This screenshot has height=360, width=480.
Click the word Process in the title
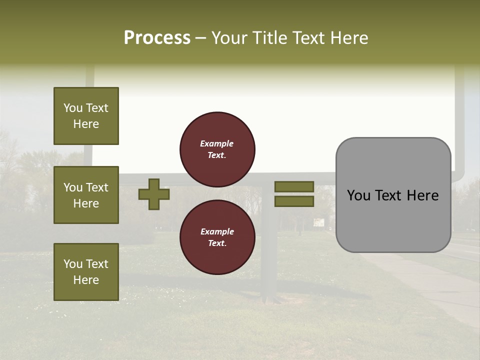tap(157, 38)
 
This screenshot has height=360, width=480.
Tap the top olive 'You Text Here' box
tap(86, 116)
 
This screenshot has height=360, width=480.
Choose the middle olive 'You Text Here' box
tap(86, 195)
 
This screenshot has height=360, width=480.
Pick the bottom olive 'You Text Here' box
tap(86, 271)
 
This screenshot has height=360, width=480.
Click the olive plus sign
tap(154, 194)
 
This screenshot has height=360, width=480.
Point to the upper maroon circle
tap(217, 149)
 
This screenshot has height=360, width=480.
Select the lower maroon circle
tap(217, 237)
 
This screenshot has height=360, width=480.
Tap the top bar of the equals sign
tap(294, 186)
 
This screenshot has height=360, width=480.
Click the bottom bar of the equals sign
tap(294, 201)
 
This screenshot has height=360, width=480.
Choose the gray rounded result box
tap(393, 220)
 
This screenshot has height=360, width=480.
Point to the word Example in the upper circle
tap(217, 143)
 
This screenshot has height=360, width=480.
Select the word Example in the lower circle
tap(217, 231)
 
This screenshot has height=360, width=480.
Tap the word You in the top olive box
tap(72, 108)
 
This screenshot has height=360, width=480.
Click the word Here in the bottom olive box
tap(86, 280)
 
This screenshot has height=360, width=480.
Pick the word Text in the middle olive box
tap(97, 187)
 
